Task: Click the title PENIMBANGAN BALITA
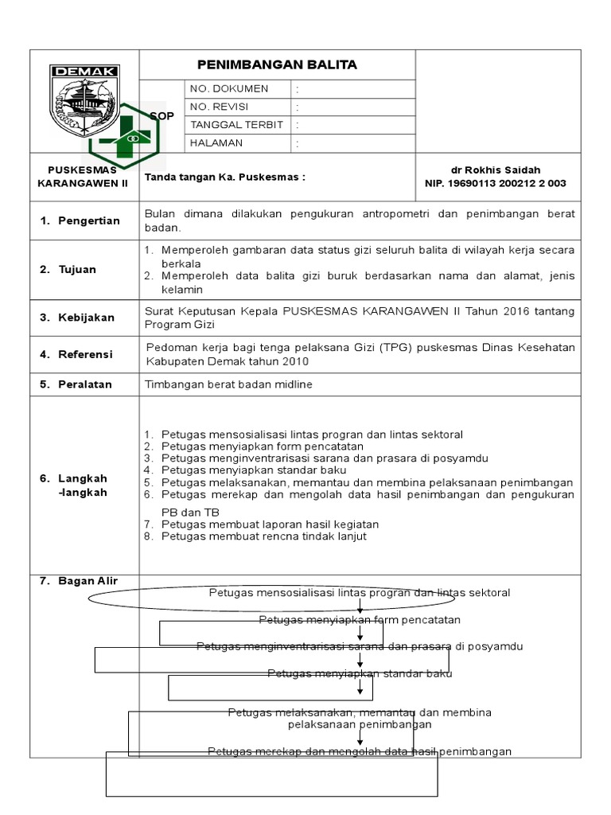click(277, 64)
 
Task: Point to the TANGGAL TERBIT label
click(237, 125)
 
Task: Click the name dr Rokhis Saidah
click(496, 170)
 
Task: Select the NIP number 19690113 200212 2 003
click(496, 183)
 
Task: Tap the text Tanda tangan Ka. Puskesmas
click(225, 177)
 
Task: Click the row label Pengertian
click(80, 220)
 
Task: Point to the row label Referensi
click(77, 354)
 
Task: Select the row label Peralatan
click(77, 384)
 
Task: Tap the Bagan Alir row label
click(79, 581)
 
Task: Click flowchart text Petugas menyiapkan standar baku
click(360, 674)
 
